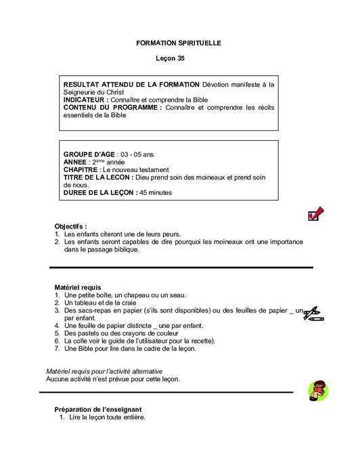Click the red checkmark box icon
point(315,214)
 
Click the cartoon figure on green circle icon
point(316,391)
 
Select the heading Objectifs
point(71,226)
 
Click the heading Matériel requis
point(78,287)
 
